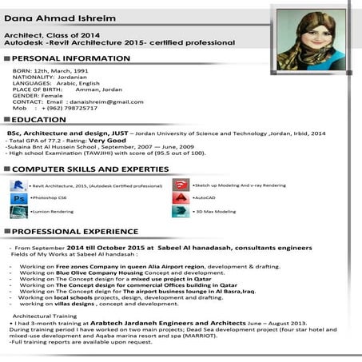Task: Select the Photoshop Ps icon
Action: pos(18,198)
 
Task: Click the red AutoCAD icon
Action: pos(181,197)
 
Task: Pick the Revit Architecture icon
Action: pos(18,185)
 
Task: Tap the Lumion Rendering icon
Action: pos(18,213)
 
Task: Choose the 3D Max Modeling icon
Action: pos(181,212)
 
